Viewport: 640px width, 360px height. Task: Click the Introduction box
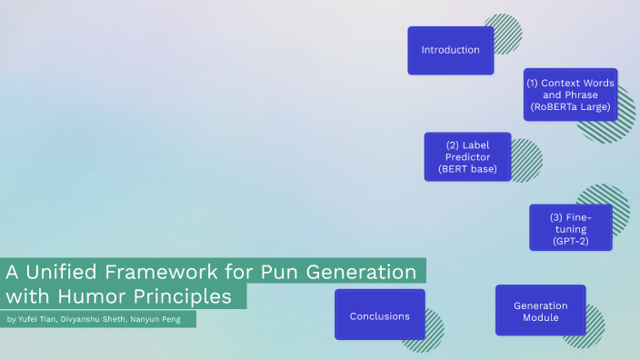pyautogui.click(x=450, y=50)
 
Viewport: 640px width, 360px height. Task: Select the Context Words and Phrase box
pyautogui.click(x=570, y=95)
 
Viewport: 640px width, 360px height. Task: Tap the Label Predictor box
pyautogui.click(x=467, y=156)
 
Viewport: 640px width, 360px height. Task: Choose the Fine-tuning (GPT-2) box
pyautogui.click(x=570, y=227)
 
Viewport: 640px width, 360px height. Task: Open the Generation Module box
pyautogui.click(x=540, y=311)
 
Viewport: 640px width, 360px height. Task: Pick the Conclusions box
pyautogui.click(x=379, y=315)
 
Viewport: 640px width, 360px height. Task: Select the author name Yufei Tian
pyautogui.click(x=41, y=320)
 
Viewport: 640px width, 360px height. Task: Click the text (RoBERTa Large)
pyautogui.click(x=570, y=107)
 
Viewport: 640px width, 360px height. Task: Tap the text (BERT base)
pyautogui.click(x=467, y=169)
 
